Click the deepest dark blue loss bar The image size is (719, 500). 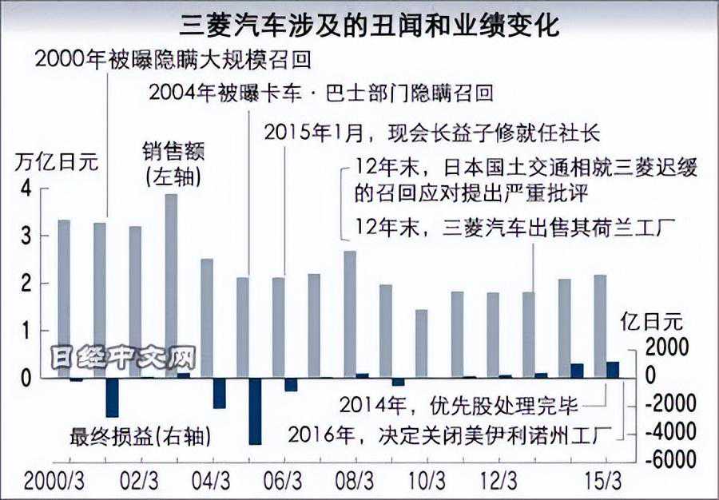tap(255, 411)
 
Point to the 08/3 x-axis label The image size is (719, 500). tap(354, 483)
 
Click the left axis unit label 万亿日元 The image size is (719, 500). tap(57, 162)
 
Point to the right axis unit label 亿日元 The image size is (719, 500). tap(652, 322)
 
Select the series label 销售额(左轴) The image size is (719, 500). tap(171, 163)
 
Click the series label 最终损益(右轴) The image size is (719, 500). tap(141, 437)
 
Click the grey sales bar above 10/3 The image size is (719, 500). tap(422, 343)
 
